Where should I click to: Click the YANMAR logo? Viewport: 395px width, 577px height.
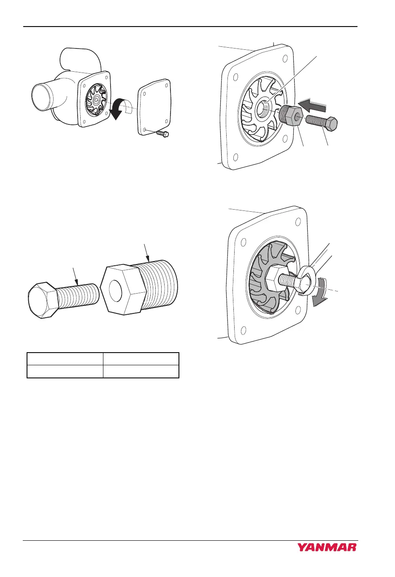[x=327, y=547]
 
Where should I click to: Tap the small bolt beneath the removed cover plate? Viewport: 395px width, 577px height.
[x=162, y=134]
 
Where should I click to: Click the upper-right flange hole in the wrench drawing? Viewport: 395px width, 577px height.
[x=299, y=222]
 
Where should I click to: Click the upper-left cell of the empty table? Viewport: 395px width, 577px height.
[x=65, y=359]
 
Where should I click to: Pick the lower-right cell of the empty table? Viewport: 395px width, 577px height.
[x=141, y=372]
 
